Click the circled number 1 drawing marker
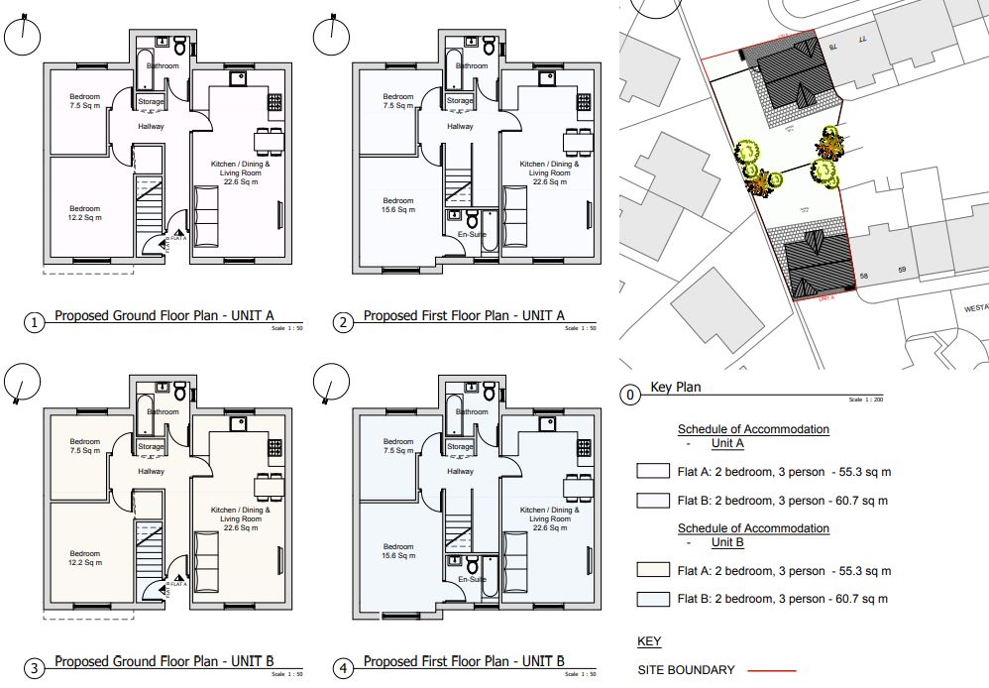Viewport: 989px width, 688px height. (35, 323)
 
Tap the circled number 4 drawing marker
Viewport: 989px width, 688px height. (344, 669)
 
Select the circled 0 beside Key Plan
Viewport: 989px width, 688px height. (629, 396)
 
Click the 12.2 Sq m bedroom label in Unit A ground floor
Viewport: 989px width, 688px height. (84, 213)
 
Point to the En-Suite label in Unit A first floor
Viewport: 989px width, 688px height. (471, 235)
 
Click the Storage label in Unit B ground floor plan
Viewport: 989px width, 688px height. (151, 447)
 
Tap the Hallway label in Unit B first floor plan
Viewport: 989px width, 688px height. (460, 471)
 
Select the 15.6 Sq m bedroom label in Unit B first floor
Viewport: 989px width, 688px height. (398, 551)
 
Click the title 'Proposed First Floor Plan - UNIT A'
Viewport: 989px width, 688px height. (464, 316)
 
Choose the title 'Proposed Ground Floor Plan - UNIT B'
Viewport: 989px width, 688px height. (164, 661)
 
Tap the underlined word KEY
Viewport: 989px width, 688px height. (649, 641)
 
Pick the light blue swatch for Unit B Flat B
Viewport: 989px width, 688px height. (653, 599)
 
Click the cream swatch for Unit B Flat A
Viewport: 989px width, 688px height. (653, 571)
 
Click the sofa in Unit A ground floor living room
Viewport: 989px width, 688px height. (209, 209)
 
